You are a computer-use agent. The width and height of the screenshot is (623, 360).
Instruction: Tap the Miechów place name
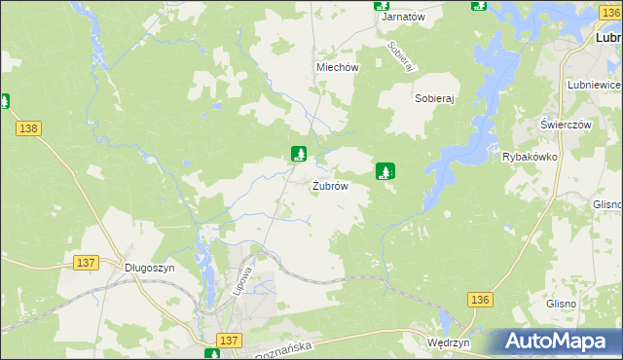click(338, 68)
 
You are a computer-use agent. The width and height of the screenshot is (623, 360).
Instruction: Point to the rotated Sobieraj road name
click(401, 54)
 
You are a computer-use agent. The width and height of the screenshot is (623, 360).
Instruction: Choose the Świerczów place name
click(567, 126)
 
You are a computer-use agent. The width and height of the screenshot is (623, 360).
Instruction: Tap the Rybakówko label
click(529, 157)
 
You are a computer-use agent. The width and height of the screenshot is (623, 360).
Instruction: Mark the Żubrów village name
click(330, 186)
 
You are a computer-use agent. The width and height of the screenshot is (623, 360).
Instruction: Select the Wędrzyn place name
click(449, 343)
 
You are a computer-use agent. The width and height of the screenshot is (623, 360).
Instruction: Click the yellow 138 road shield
click(28, 128)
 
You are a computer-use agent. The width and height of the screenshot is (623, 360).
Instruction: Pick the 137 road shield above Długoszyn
click(87, 263)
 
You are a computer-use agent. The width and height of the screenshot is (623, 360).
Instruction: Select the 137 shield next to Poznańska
click(229, 340)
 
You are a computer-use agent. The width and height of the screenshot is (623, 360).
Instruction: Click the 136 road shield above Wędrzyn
click(478, 300)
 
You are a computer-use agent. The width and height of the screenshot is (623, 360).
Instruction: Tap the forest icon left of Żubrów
click(300, 154)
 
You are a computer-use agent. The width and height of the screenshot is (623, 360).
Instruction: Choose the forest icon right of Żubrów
click(385, 171)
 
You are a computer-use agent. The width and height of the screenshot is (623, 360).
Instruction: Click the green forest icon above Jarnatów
click(383, 4)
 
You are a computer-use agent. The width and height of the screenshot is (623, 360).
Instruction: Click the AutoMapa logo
click(558, 342)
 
